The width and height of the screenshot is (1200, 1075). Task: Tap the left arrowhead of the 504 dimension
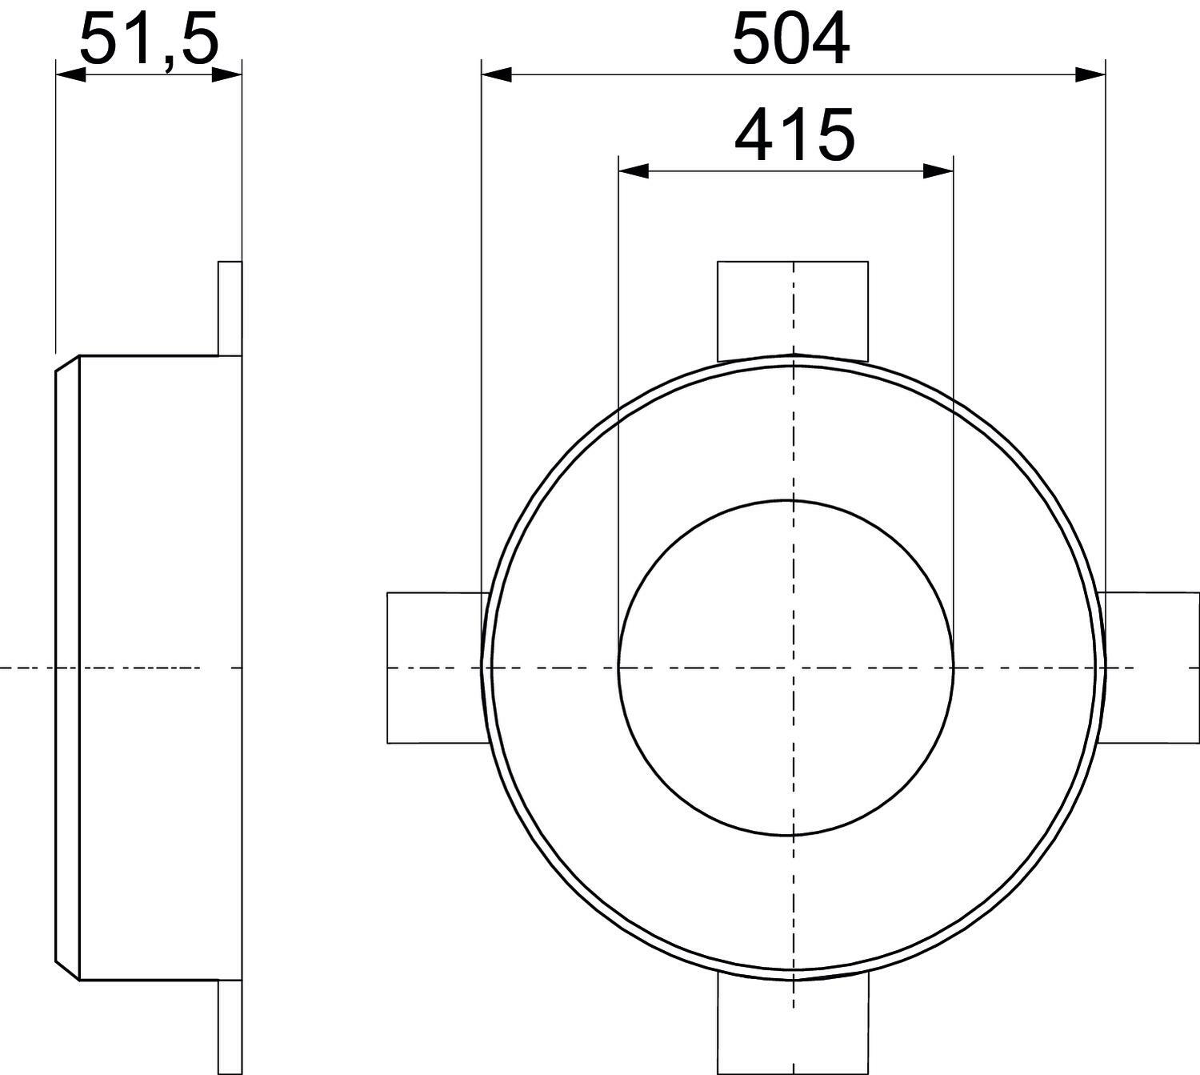(496, 75)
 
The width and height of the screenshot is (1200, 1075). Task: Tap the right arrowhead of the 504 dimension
(1090, 75)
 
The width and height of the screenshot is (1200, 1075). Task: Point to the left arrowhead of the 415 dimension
(634, 172)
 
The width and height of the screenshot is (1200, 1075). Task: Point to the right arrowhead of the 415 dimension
(938, 172)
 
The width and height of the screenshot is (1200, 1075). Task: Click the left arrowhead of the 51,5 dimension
(70, 75)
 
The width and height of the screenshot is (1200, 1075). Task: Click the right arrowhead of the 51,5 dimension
(227, 75)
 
